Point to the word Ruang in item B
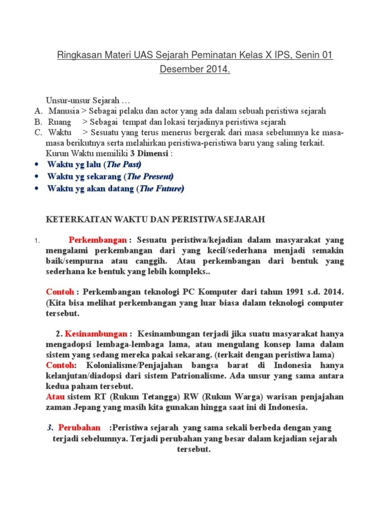59,122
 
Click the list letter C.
38,133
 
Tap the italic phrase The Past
123,165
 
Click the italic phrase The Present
149,176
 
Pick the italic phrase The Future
161,189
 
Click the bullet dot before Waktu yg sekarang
36,176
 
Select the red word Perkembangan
99,239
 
